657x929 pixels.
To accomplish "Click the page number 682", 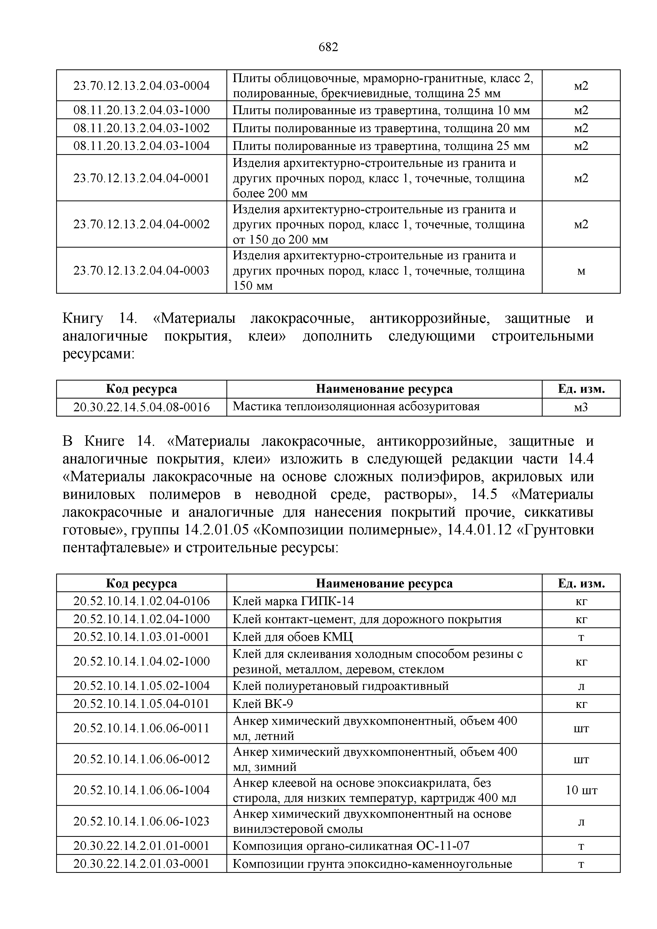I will click(x=328, y=48).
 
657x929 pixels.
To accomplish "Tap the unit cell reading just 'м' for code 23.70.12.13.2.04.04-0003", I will click(x=581, y=271).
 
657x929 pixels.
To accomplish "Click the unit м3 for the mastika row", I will click(x=581, y=407).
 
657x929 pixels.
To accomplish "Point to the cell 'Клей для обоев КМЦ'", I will click(x=293, y=637).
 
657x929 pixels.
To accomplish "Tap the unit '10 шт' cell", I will click(x=581, y=790).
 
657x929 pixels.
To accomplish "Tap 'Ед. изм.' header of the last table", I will click(x=581, y=583).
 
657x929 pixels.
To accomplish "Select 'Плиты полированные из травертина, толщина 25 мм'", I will click(x=381, y=146).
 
